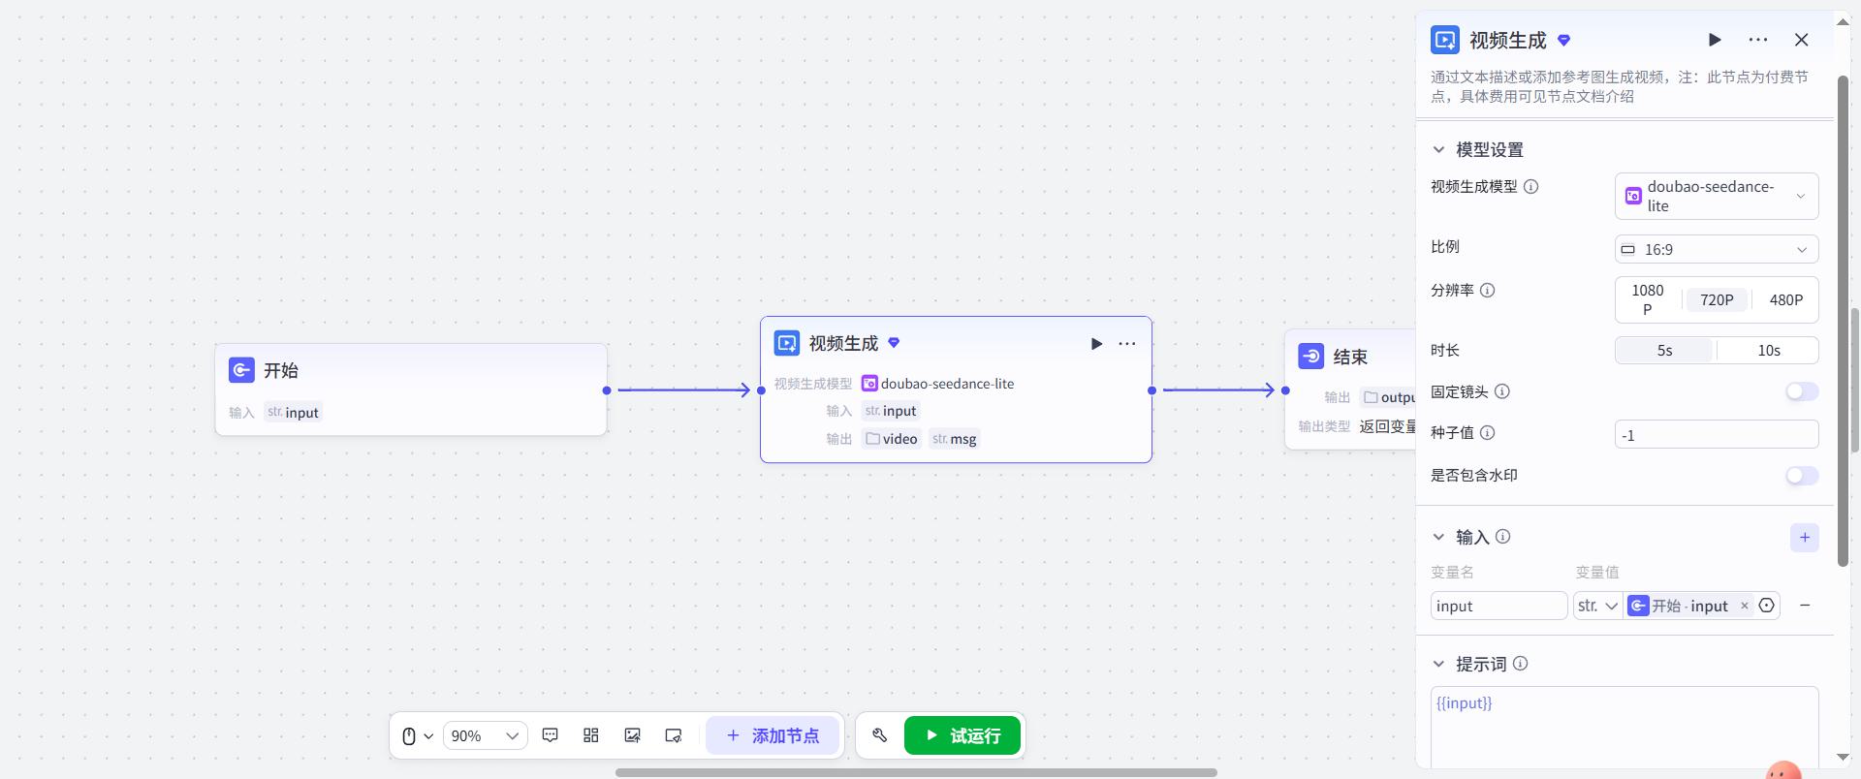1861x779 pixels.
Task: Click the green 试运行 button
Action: (962, 735)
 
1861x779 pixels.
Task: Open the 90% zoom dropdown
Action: (485, 735)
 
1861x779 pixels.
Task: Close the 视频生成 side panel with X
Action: (1801, 40)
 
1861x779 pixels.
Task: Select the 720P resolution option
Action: (1716, 300)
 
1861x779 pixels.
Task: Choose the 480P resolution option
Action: (1785, 300)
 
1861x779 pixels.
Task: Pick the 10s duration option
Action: (1768, 351)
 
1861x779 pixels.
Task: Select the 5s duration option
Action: (1664, 351)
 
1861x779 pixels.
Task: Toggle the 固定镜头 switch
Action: (1802, 391)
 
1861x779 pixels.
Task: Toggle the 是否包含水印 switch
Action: (1802, 476)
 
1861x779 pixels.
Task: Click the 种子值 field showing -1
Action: (1716, 435)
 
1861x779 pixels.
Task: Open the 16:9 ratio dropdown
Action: (1716, 249)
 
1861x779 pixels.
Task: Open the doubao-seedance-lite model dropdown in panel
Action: (1716, 196)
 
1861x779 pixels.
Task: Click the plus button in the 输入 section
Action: (1804, 538)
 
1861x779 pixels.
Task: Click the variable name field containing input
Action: (1498, 606)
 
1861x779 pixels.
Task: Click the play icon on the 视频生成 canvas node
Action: (1096, 344)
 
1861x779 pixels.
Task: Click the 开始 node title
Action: (281, 370)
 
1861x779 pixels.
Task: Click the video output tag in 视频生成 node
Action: (891, 439)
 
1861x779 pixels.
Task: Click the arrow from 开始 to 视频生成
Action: (684, 389)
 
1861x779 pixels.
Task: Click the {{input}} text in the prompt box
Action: (1464, 703)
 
